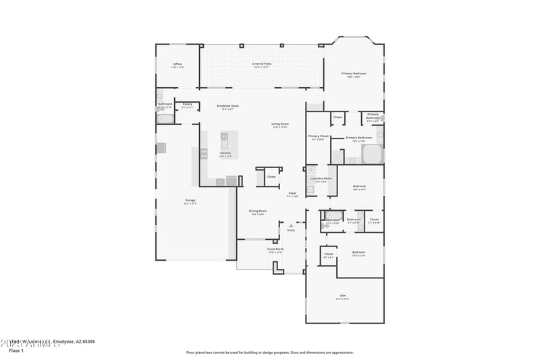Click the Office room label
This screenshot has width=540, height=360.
178,65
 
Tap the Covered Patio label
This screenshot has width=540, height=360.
262,64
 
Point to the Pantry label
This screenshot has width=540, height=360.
188,105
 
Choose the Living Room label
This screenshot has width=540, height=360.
280,124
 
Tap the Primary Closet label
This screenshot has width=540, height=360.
318,137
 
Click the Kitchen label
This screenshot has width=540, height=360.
225,153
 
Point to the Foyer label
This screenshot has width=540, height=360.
293,194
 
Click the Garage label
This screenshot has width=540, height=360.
191,201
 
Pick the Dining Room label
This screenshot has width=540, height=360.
257,211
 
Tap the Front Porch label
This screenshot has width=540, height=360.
275,249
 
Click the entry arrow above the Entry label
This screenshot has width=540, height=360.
291,226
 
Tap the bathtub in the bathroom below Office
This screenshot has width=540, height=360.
165,119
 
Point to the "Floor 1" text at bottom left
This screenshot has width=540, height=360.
16,351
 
